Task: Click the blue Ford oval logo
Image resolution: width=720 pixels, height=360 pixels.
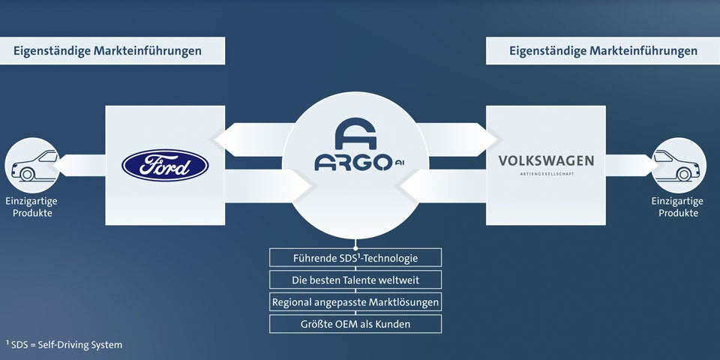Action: point(165,165)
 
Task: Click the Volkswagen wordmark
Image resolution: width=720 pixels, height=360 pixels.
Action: point(546,160)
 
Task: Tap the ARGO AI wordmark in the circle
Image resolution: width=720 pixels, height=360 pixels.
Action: point(352,163)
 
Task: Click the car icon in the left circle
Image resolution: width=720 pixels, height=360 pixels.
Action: point(31,165)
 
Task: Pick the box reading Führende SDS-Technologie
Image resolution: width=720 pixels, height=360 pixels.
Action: point(355,258)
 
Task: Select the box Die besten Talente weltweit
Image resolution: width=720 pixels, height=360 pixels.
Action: point(355,280)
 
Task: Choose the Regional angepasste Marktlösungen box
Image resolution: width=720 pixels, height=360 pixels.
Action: point(355,302)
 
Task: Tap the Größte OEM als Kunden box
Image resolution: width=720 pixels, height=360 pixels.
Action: point(355,324)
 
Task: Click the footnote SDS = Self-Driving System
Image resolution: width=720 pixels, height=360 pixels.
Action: point(64,344)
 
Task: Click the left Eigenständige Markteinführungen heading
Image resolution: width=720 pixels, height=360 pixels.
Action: point(108,51)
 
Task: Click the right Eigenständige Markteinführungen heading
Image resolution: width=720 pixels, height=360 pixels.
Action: point(603,51)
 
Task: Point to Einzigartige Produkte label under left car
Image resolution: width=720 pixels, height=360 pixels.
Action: point(31,207)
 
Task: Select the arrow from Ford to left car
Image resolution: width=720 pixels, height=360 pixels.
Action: point(81,165)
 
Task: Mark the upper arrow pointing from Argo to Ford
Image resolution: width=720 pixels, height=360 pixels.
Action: point(251,139)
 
